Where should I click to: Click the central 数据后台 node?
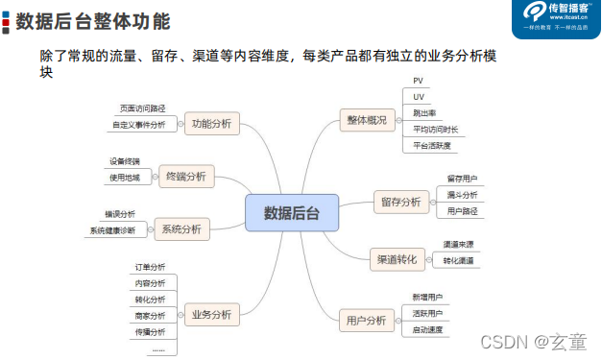[x=294, y=212]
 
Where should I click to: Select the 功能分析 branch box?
[x=211, y=123]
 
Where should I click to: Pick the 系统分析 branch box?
[x=181, y=228]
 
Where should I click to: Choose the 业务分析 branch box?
[x=211, y=314]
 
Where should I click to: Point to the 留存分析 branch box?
[x=399, y=202]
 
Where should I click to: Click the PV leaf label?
[x=418, y=82]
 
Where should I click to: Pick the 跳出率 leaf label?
[x=422, y=113]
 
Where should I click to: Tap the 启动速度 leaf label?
[x=427, y=329]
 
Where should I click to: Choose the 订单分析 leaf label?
[x=150, y=267]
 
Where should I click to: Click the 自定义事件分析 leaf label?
[x=138, y=125]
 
